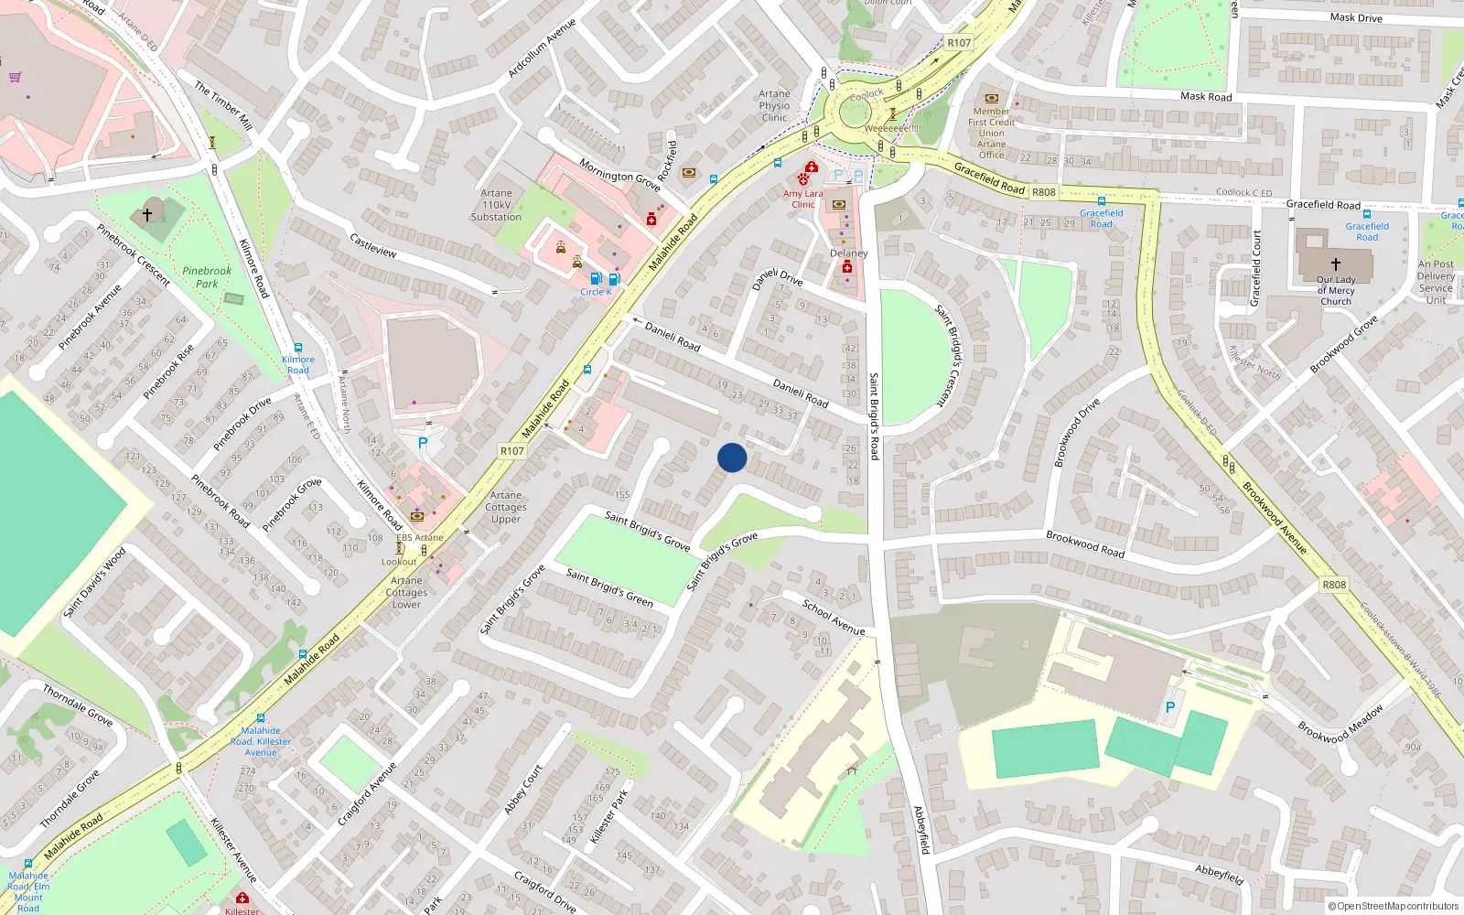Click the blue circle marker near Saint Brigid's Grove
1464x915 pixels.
coord(732,457)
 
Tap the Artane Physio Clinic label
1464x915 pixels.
coord(774,105)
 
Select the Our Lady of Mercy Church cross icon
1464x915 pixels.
coord(1336,264)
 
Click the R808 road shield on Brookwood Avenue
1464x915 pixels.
coord(1334,585)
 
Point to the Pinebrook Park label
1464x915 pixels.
coord(207,276)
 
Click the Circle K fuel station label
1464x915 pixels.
coord(596,292)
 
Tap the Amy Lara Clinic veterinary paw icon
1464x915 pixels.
coord(802,179)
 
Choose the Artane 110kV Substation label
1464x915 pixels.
coord(496,205)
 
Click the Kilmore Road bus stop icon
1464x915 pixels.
coord(297,348)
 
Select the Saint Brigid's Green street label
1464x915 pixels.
coord(609,587)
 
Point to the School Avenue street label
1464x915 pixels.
coord(834,617)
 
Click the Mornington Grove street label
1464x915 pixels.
coord(619,174)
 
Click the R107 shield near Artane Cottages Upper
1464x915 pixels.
coord(512,451)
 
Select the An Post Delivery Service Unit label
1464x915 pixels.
coord(1436,282)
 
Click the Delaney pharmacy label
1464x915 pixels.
coord(848,253)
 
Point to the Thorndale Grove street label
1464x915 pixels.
coord(78,705)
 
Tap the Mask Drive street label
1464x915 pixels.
coord(1356,17)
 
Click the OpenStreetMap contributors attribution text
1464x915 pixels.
coord(1393,906)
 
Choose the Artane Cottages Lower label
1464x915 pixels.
coord(406,592)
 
